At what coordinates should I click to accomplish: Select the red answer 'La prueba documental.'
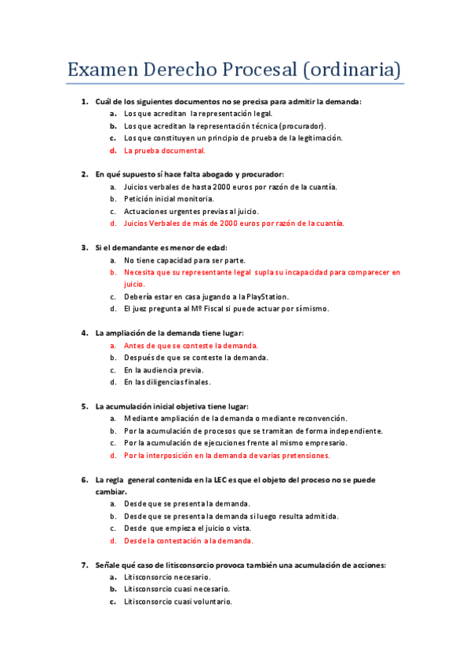[165, 151]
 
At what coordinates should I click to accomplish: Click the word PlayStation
[267, 296]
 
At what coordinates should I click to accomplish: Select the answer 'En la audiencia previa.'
[163, 369]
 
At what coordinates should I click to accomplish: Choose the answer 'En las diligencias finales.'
[167, 382]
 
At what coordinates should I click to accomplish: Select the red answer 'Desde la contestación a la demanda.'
[188, 540]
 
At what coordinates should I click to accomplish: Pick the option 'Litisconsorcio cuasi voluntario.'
[178, 601]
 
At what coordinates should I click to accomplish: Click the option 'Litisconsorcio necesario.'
[167, 577]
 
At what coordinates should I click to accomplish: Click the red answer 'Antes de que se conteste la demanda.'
[191, 345]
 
